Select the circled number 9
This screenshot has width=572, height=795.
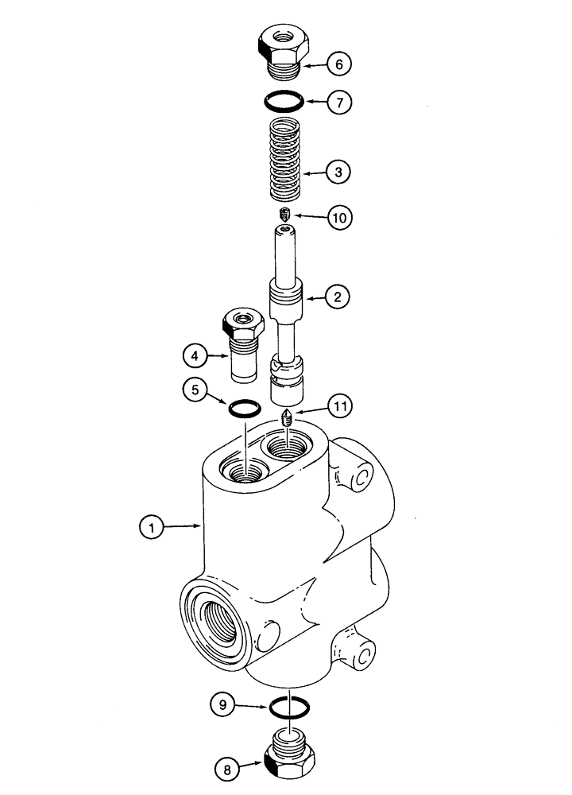pyautogui.click(x=225, y=703)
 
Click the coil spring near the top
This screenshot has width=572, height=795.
pyautogui.click(x=284, y=158)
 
